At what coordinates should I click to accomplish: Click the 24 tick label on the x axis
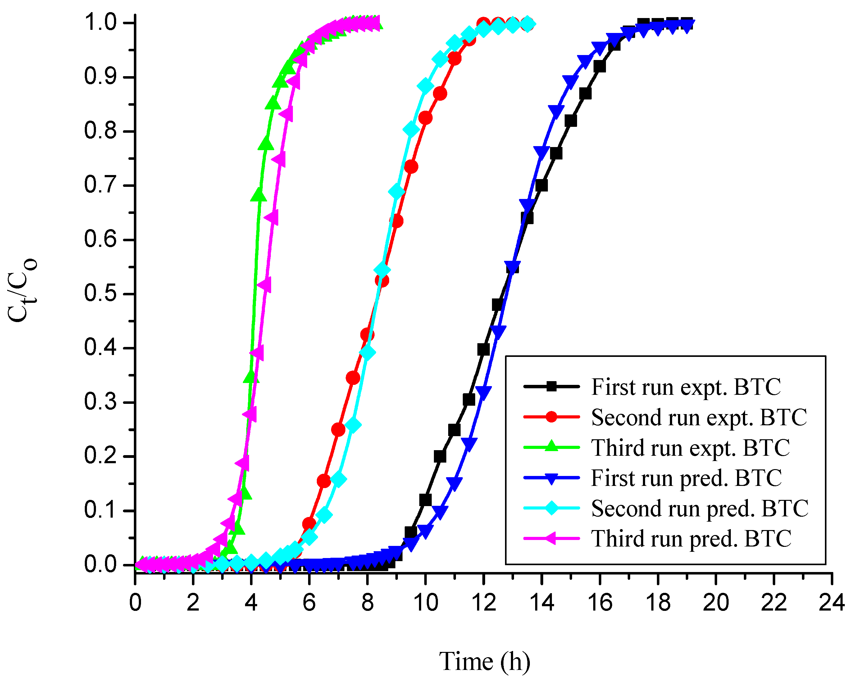click(x=831, y=603)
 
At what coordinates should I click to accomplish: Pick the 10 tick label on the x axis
click(x=425, y=603)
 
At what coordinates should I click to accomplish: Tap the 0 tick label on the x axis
click(x=135, y=603)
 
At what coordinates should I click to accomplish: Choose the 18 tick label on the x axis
click(x=658, y=603)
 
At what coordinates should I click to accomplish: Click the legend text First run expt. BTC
click(x=686, y=387)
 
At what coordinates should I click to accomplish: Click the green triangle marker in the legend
click(x=551, y=447)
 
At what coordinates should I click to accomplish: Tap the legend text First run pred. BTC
click(x=686, y=478)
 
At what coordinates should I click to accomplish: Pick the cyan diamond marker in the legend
click(x=551, y=508)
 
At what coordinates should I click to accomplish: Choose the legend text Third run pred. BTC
click(x=691, y=538)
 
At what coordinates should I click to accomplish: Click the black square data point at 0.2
click(x=440, y=457)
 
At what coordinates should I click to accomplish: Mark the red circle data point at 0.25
click(x=338, y=429)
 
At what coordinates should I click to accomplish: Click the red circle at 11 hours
click(x=454, y=59)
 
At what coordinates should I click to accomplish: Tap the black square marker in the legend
click(x=551, y=386)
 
